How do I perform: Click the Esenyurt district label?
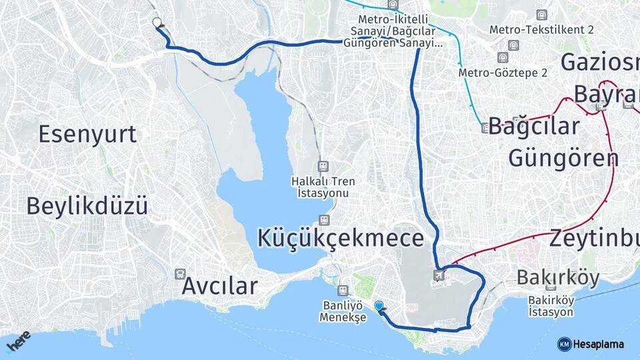pyautogui.click(x=87, y=134)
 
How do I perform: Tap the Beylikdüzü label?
pyautogui.click(x=87, y=206)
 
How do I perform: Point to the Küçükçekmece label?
pyautogui.click(x=341, y=238)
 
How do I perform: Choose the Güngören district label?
pyautogui.click(x=563, y=158)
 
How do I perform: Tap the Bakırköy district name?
pyautogui.click(x=558, y=277)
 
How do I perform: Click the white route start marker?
pyautogui.click(x=157, y=23)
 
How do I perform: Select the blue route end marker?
pyautogui.click(x=379, y=306)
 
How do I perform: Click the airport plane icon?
pyautogui.click(x=439, y=274)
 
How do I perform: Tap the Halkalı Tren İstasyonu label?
pyautogui.click(x=323, y=187)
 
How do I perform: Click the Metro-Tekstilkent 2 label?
pyautogui.click(x=541, y=30)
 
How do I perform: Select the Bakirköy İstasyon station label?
pyautogui.click(x=551, y=306)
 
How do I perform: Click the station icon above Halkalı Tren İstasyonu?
pyautogui.click(x=323, y=166)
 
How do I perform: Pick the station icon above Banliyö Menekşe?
pyautogui.click(x=343, y=290)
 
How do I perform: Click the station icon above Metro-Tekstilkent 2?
pyautogui.click(x=542, y=15)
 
